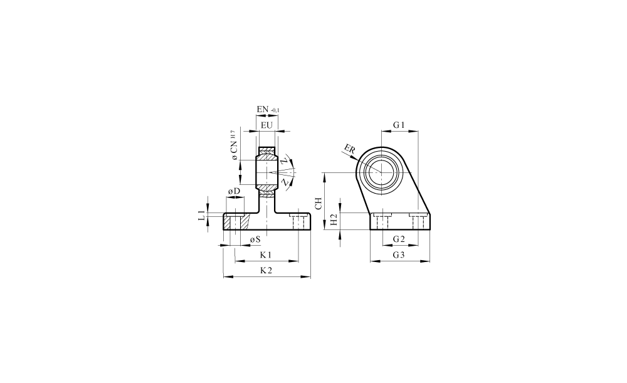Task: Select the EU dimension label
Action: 266,125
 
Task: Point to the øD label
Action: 234,192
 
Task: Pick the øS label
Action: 255,239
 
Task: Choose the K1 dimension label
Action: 266,254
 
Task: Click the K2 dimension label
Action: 266,270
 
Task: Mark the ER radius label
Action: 349,150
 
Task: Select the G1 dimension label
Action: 399,125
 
